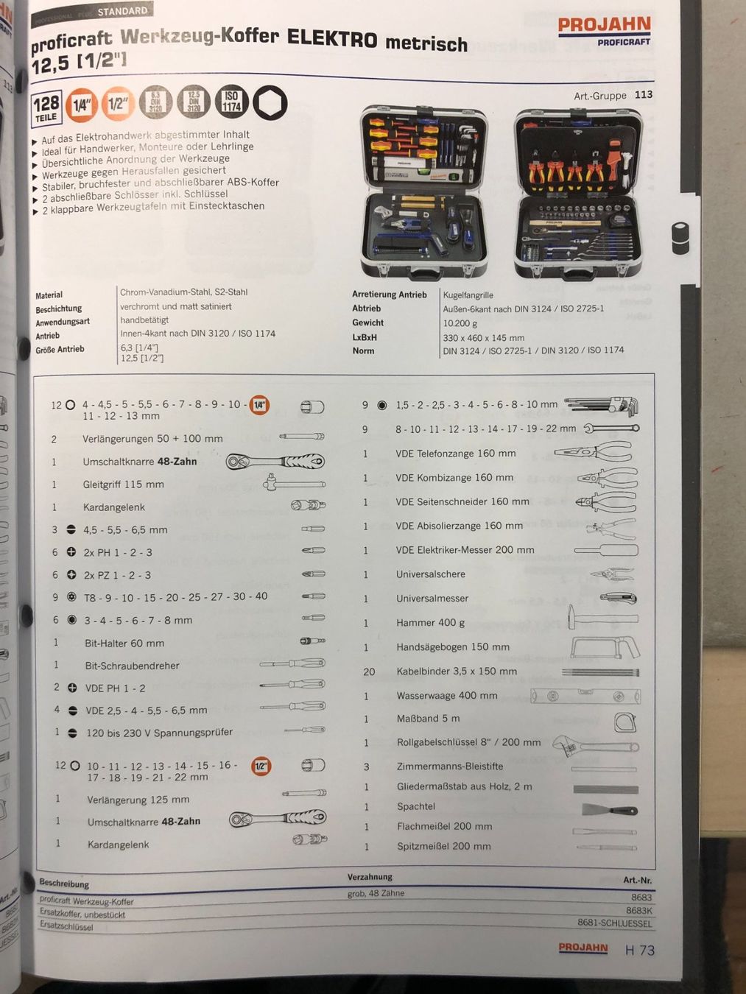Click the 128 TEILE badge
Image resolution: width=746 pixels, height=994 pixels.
tap(46, 107)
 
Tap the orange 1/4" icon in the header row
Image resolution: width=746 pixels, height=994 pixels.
tap(80, 105)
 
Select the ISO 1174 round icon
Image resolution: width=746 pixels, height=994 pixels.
tap(231, 102)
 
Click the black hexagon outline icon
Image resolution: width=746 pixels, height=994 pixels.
tap(270, 103)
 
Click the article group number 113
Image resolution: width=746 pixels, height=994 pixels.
tap(643, 94)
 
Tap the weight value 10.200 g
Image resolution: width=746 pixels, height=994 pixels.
tap(460, 323)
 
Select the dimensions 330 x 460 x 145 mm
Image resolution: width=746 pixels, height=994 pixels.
tap(483, 337)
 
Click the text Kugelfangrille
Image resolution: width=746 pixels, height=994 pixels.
tap(468, 295)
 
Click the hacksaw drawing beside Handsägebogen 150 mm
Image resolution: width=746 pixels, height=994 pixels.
tap(604, 647)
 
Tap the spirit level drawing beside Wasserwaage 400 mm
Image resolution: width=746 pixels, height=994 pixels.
tap(585, 696)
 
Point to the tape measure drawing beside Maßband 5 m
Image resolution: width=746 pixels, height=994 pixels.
tap(624, 722)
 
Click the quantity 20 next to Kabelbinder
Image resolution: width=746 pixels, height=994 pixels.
tap(369, 672)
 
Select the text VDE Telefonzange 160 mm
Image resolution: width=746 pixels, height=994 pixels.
tap(455, 454)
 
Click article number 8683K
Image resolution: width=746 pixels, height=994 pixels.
tap(638, 910)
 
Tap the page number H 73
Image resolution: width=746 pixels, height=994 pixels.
tap(639, 951)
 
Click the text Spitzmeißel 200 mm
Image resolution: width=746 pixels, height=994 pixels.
tap(443, 846)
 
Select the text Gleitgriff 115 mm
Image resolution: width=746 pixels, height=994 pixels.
tap(123, 484)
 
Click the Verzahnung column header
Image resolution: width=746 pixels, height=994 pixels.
tap(370, 877)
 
